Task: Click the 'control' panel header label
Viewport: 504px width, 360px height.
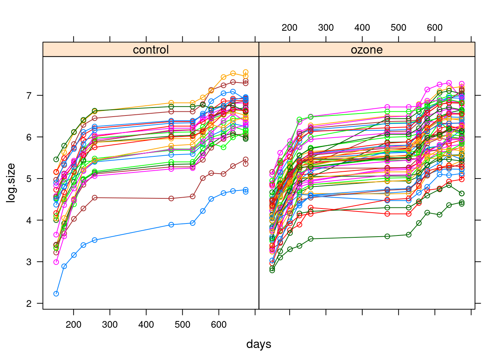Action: tap(151, 50)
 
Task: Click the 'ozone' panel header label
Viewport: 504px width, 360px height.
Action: tap(367, 50)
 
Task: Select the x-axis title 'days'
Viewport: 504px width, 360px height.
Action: tap(259, 344)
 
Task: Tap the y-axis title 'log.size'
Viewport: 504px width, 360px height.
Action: tap(12, 183)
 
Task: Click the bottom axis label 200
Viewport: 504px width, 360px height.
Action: tap(73, 325)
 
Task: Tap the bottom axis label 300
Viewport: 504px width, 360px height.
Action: tap(110, 325)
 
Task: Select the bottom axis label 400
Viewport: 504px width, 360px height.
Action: tap(146, 325)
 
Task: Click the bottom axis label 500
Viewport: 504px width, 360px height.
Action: tap(183, 325)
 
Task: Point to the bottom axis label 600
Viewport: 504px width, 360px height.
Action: tap(219, 325)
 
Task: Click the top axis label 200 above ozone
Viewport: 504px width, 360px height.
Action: tap(289, 28)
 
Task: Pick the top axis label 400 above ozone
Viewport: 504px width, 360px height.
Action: tap(362, 28)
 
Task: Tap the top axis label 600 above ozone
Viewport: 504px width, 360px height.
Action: tap(435, 28)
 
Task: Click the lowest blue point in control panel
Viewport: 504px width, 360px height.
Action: tap(56, 294)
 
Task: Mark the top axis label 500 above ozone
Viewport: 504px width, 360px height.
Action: tap(399, 28)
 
